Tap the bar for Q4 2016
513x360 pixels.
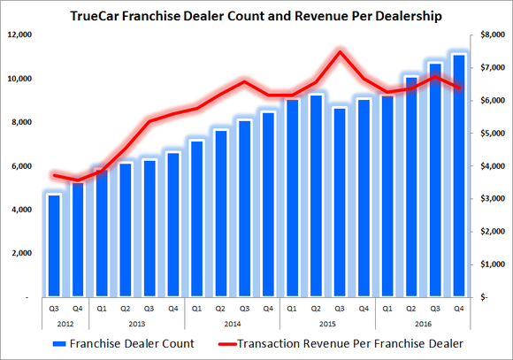(457, 176)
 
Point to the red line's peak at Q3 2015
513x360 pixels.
(339, 51)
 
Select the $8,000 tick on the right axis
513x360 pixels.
(490, 34)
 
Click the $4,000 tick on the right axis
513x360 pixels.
(490, 166)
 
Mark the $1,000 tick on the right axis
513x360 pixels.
(490, 264)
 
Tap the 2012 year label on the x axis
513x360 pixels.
(65, 324)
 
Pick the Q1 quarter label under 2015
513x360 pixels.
(291, 309)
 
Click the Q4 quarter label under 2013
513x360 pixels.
(172, 309)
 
